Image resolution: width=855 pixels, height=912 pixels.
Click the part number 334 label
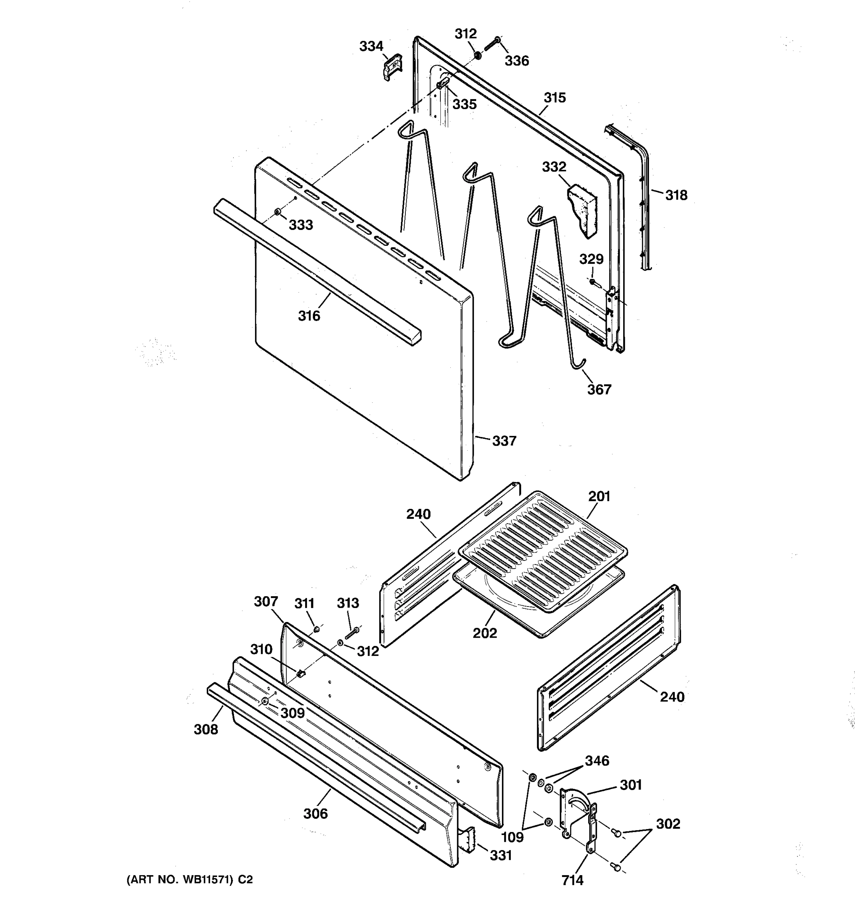click(x=371, y=46)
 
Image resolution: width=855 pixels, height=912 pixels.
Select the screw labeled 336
click(x=492, y=46)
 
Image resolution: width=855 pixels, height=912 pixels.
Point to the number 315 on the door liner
click(x=554, y=98)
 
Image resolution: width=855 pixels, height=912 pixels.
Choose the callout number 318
click(x=676, y=195)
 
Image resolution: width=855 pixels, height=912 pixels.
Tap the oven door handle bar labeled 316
click(x=317, y=271)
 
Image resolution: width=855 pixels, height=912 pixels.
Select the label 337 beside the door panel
click(x=504, y=441)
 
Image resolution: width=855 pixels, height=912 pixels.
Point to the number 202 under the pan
click(x=485, y=633)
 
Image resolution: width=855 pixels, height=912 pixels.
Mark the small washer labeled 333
click(x=277, y=212)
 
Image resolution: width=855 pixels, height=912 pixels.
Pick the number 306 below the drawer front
click(x=315, y=814)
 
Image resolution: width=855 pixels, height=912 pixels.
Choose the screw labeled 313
click(x=352, y=633)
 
